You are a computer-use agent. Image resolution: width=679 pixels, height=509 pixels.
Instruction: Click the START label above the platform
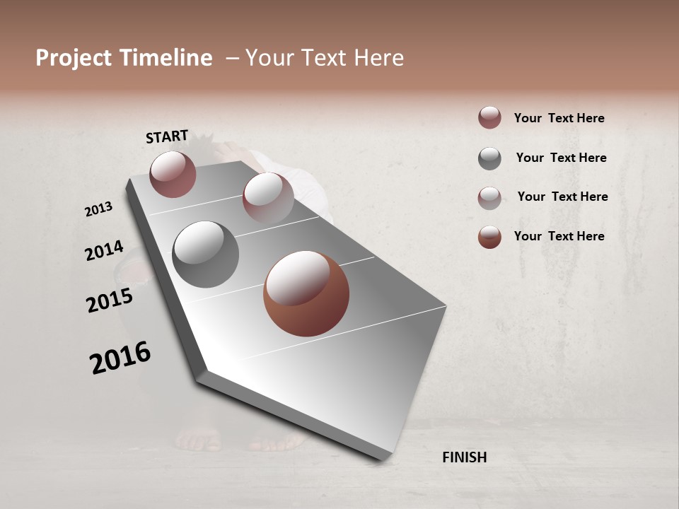(167, 136)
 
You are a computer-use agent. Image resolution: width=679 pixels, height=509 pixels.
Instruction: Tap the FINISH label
(464, 457)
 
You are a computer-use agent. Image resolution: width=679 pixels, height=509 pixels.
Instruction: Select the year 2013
(98, 209)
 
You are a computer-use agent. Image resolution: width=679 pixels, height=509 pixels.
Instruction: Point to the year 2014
(104, 251)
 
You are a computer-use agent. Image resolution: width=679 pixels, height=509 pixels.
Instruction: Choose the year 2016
(120, 358)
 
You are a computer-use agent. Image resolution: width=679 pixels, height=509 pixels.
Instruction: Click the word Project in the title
(74, 58)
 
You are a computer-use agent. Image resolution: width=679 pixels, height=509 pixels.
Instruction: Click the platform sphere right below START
(173, 174)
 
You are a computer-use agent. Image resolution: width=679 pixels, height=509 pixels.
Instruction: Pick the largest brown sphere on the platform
(306, 293)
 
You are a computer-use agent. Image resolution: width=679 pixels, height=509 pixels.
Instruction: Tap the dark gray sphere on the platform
(206, 254)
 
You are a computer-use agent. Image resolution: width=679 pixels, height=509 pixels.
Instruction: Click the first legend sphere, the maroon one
(489, 117)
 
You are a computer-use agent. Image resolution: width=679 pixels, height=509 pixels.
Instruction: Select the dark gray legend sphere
(489, 158)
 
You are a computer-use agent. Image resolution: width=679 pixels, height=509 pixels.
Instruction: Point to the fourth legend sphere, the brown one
(489, 237)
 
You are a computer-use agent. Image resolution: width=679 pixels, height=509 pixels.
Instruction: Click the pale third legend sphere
(489, 198)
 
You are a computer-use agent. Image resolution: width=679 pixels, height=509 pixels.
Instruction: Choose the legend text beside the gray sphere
(561, 158)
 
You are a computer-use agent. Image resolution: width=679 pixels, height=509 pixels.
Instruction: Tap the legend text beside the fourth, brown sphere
(559, 236)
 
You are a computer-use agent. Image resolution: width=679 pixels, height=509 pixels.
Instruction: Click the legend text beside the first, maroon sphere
(559, 118)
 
